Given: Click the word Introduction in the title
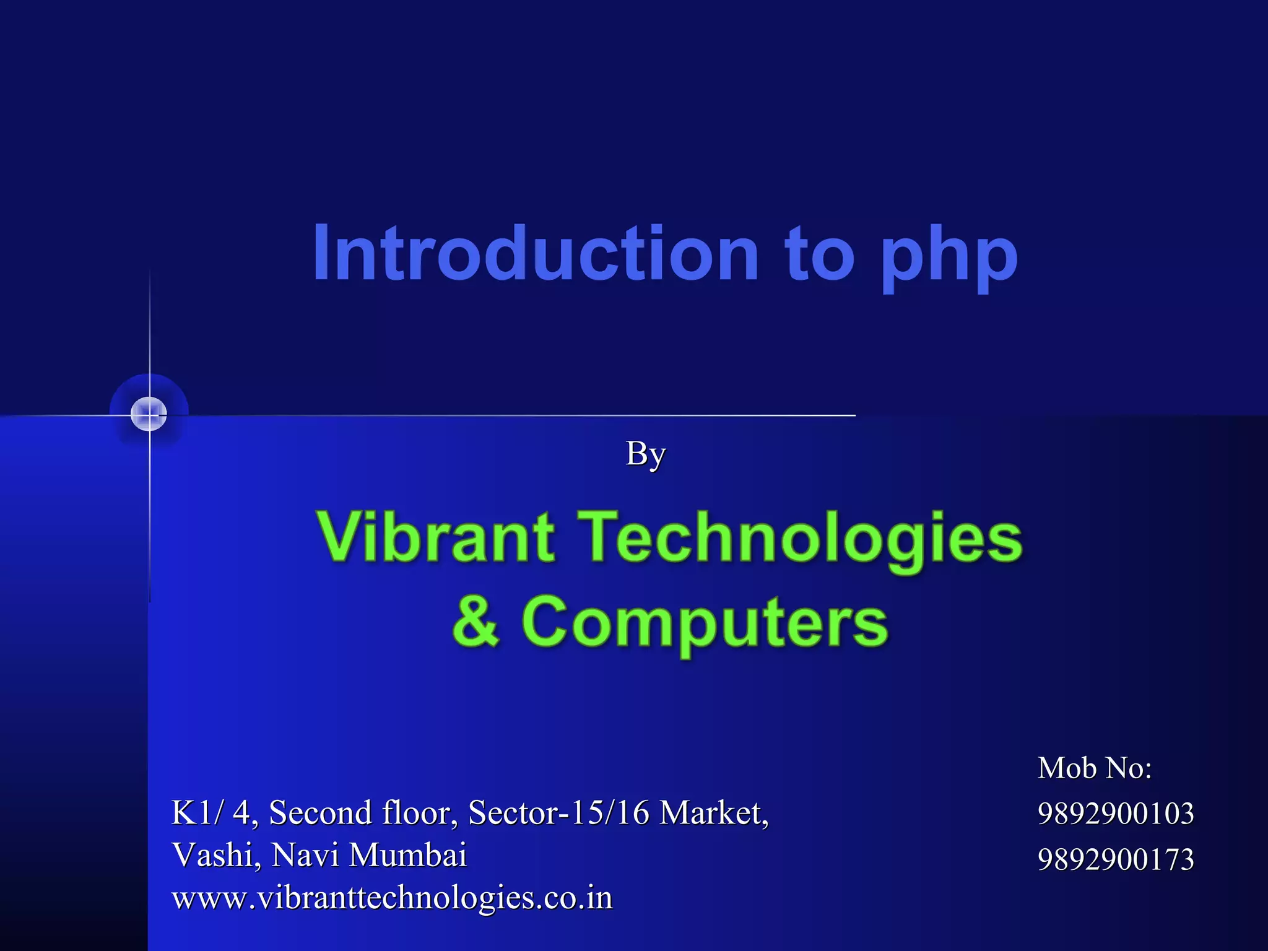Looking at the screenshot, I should (x=536, y=254).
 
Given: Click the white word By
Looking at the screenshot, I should (x=645, y=454).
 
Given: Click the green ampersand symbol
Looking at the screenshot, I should (x=475, y=620).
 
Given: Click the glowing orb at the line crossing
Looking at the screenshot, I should (x=149, y=414).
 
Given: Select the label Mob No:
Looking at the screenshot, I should (x=1095, y=768).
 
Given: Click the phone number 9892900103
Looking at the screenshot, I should (x=1116, y=813).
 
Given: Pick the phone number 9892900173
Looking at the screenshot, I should (x=1116, y=859).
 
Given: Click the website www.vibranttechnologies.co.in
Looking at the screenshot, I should (x=392, y=898).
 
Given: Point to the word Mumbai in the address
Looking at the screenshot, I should (x=407, y=855).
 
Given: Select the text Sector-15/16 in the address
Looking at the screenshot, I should (x=558, y=812).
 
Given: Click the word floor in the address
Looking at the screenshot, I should (x=420, y=812).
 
